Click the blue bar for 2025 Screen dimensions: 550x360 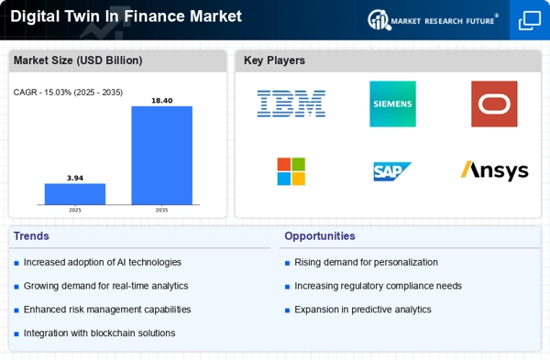coord(75,194)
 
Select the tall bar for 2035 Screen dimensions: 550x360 coord(161,156)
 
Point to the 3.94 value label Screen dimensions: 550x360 coord(75,178)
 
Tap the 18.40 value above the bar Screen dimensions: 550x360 coord(161,101)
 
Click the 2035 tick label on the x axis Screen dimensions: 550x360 coord(161,211)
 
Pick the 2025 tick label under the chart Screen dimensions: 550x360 coord(75,211)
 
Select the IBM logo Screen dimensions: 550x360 coord(291,104)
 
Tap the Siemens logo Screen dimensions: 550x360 coord(392,104)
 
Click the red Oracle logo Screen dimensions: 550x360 coord(494,104)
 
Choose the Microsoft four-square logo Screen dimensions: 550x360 coord(291,171)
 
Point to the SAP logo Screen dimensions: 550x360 coord(392,171)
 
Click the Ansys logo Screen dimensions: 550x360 coord(494,170)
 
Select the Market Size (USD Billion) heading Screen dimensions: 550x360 coord(78,60)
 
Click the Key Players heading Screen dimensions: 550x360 coord(274,60)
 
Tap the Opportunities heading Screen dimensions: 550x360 coord(320,236)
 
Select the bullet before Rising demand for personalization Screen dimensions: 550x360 coord(287,263)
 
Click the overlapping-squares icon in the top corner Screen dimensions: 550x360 coord(530,20)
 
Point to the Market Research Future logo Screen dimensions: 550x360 coord(433,20)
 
